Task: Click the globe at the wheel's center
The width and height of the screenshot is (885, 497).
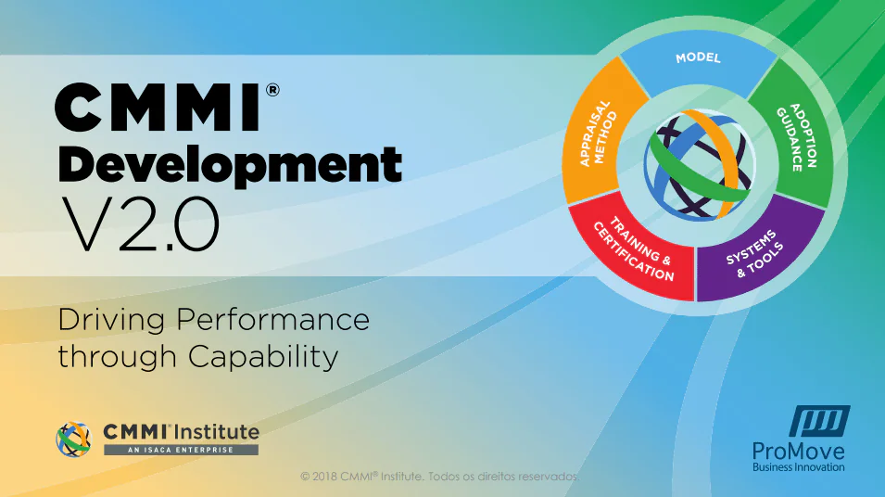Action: point(700,165)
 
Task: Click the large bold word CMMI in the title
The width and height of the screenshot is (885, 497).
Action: point(158,108)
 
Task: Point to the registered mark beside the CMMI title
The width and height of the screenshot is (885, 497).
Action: point(272,90)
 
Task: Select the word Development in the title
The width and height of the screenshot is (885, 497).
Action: point(230,164)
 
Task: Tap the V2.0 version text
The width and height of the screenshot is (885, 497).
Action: point(140,224)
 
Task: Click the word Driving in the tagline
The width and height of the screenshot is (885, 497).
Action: point(111,321)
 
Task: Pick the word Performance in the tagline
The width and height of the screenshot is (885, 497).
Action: point(273,319)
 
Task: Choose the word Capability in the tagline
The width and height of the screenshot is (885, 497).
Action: point(263,358)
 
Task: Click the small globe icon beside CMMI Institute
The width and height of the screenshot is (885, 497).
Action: point(74,440)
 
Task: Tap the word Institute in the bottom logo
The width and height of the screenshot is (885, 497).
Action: point(217,432)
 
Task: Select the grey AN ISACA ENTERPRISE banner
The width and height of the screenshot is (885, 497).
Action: point(182,450)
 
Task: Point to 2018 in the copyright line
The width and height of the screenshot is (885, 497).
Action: point(324,476)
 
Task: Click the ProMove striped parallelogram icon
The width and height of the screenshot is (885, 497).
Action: point(819,421)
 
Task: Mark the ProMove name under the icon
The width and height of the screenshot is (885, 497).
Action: point(799,452)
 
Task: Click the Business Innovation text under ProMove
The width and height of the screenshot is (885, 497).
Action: point(799,467)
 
